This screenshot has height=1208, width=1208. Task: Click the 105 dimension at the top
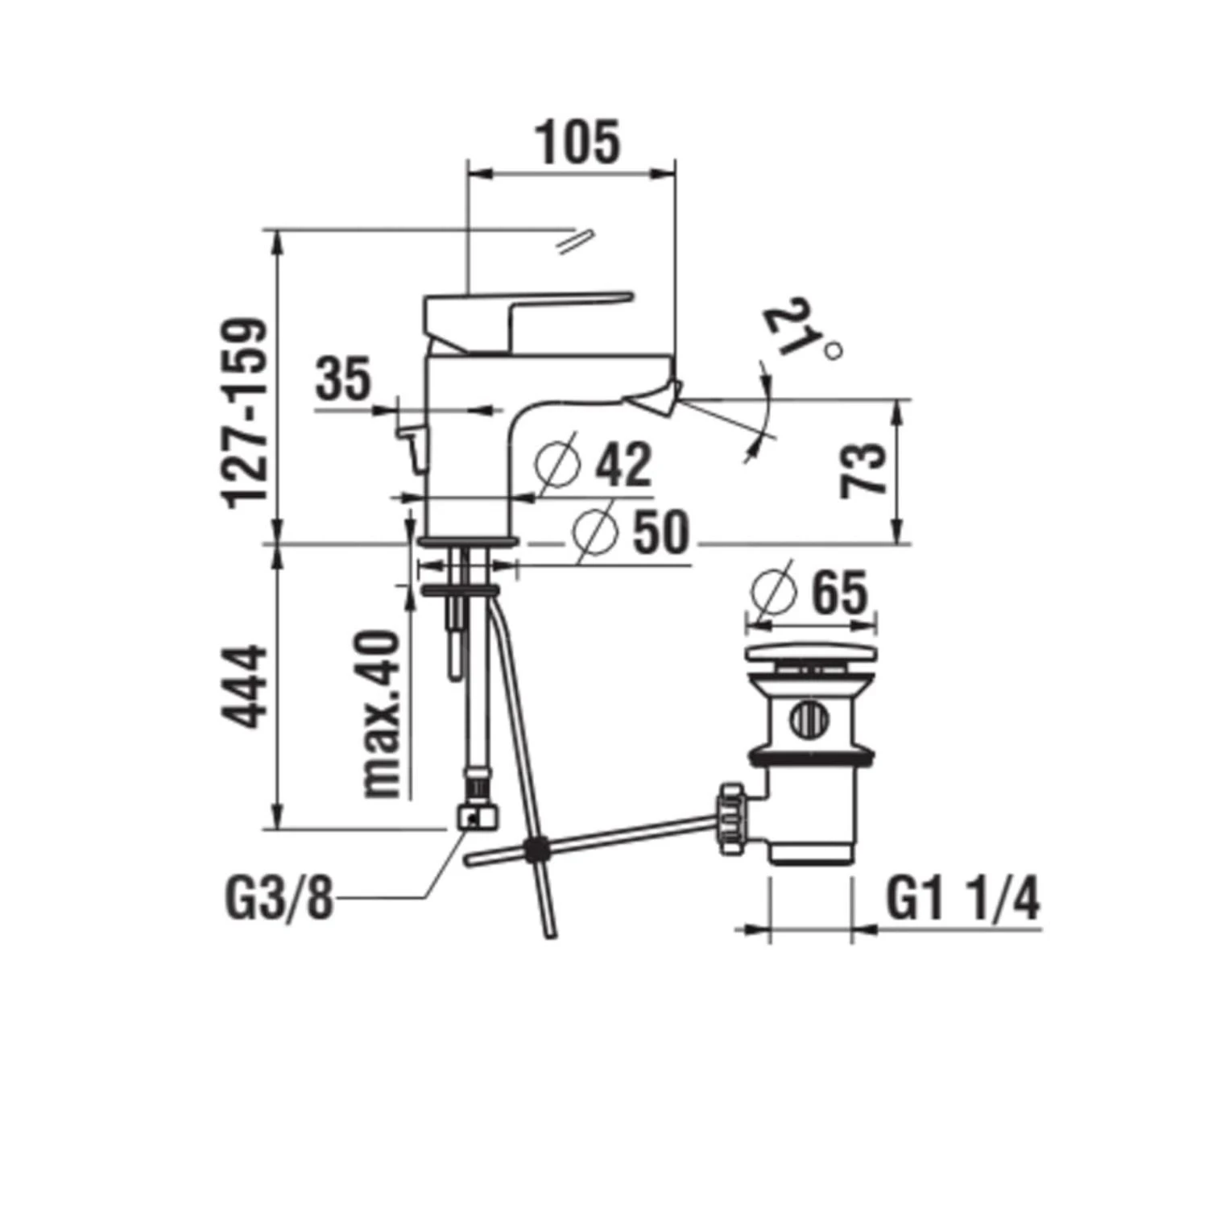pos(578,143)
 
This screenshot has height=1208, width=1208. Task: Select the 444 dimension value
pos(245,685)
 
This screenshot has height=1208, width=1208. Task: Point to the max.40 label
pos(381,714)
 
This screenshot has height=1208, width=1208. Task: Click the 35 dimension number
pos(343,380)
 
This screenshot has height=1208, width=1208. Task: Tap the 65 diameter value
pos(839,593)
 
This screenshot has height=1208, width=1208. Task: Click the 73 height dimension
pos(863,470)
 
